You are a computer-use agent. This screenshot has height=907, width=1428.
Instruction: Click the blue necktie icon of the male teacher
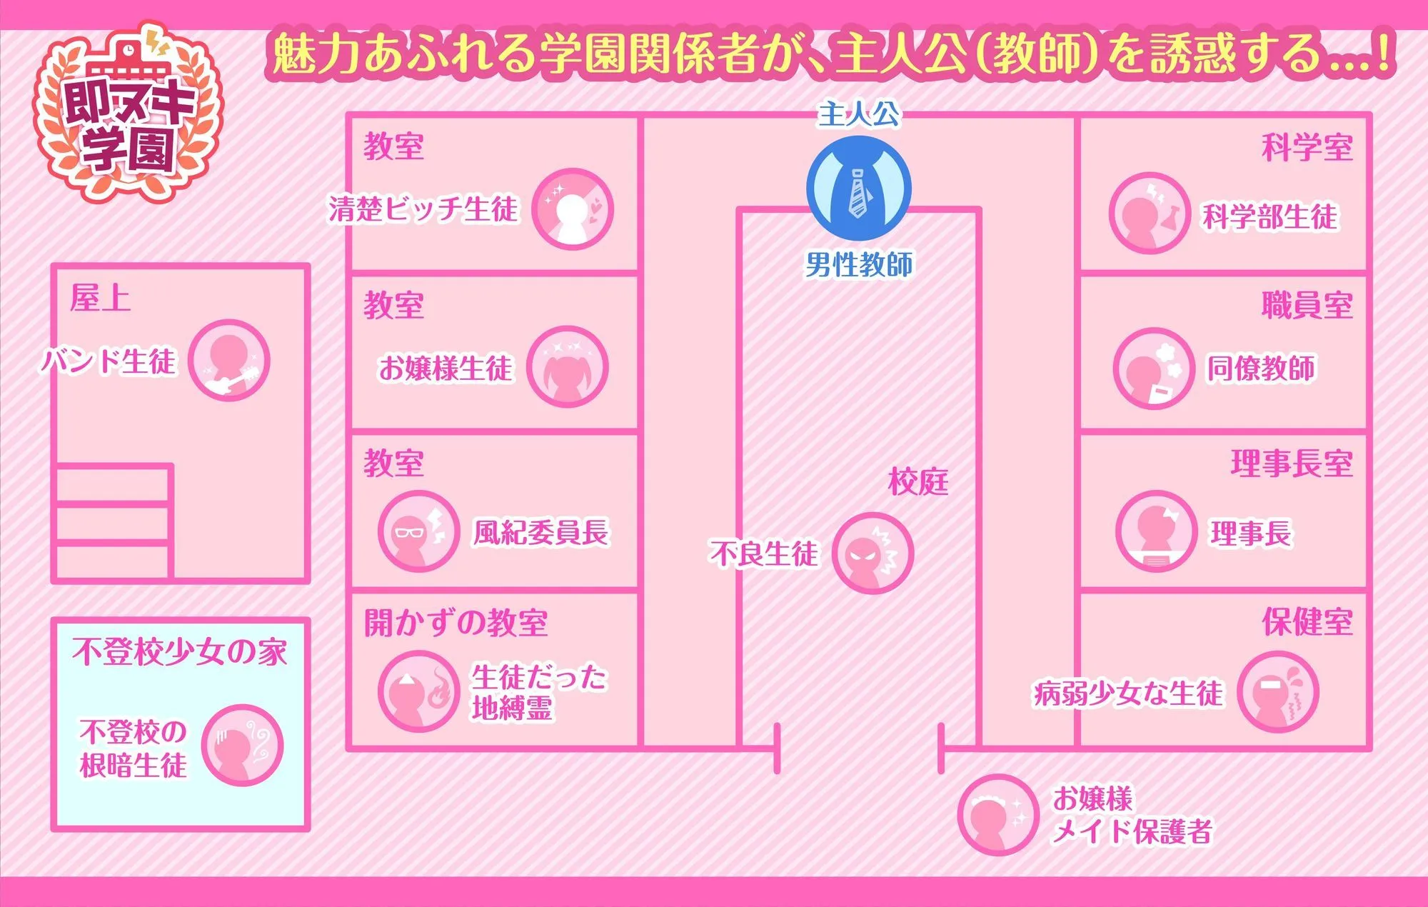pyautogui.click(x=859, y=189)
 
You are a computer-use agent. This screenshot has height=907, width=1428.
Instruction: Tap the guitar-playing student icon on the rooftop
pyautogui.click(x=229, y=360)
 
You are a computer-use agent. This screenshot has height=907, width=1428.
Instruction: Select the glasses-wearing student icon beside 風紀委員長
pyautogui.click(x=419, y=531)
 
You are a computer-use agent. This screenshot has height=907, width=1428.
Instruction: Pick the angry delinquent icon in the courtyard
pyautogui.click(x=873, y=553)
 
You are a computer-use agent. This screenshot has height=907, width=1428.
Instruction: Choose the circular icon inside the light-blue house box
pyautogui.click(x=242, y=745)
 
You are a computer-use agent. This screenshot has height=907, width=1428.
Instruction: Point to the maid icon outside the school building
pyautogui.click(x=997, y=815)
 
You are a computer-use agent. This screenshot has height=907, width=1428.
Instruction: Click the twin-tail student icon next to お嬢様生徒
pyautogui.click(x=568, y=367)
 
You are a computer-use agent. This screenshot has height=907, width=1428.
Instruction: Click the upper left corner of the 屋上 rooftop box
pyautogui.click(x=54, y=266)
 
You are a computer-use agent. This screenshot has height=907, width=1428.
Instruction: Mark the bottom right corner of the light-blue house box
pyautogui.click(x=307, y=828)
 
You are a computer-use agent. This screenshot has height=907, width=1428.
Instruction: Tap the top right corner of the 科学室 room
pyautogui.click(x=1369, y=115)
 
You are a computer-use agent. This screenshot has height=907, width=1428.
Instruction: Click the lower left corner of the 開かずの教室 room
pyautogui.click(x=349, y=748)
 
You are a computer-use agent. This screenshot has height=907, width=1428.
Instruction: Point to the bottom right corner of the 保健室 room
pyautogui.click(x=1369, y=748)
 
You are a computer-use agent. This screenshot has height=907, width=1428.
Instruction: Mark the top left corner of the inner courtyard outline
pyautogui.click(x=740, y=210)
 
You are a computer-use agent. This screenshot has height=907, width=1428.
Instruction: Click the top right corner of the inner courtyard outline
pyautogui.click(x=978, y=210)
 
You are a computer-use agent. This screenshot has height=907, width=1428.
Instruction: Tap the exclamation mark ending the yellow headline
pyautogui.click(x=1384, y=54)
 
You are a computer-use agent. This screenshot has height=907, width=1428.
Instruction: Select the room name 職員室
pyautogui.click(x=1307, y=306)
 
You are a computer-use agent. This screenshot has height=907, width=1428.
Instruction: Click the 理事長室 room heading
pyautogui.click(x=1292, y=463)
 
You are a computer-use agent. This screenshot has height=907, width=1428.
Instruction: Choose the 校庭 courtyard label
pyautogui.click(x=918, y=482)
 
